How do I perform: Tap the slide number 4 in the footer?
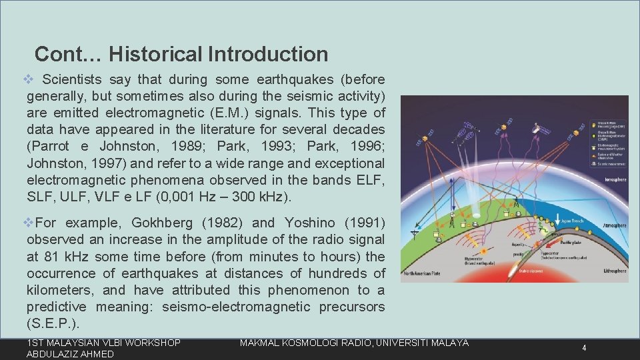583,348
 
